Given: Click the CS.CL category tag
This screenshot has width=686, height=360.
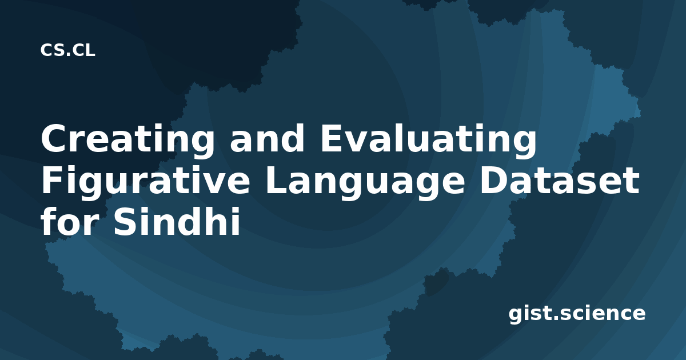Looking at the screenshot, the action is (67, 50).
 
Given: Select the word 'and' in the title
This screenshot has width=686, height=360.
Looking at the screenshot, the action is (268, 138).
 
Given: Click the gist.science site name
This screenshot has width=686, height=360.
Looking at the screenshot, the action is (577, 314).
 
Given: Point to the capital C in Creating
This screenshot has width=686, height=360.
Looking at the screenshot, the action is (55, 138).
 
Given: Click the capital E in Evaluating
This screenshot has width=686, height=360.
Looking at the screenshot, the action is (332, 138).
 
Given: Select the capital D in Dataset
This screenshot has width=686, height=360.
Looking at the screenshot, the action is (494, 181).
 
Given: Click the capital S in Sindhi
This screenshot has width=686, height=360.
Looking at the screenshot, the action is (125, 222).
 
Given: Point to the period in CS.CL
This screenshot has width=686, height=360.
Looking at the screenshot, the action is (67, 54).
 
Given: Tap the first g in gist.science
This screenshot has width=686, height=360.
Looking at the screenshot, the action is (516, 316).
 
